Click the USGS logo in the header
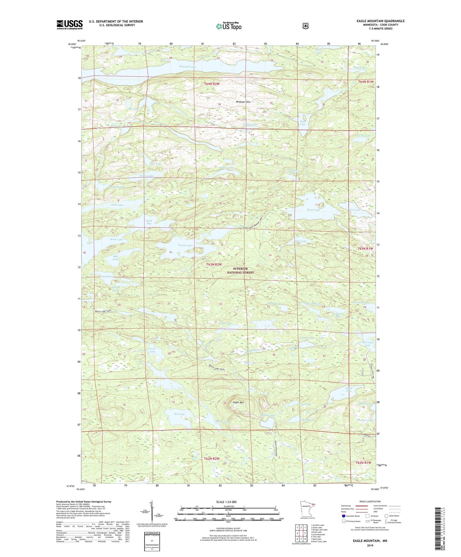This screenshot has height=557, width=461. [70, 24]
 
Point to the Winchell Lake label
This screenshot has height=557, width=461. [188, 67]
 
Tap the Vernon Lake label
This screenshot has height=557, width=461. [185, 245]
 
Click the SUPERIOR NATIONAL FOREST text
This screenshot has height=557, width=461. [240, 271]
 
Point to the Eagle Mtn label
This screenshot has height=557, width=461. [238, 403]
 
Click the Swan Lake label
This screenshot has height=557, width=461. [313, 210]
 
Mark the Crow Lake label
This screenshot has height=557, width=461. [153, 350]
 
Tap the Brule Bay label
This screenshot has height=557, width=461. [149, 222]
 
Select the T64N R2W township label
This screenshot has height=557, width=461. [212, 84]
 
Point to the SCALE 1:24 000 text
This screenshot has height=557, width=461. [226, 502]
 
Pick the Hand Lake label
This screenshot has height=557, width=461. [348, 390]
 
